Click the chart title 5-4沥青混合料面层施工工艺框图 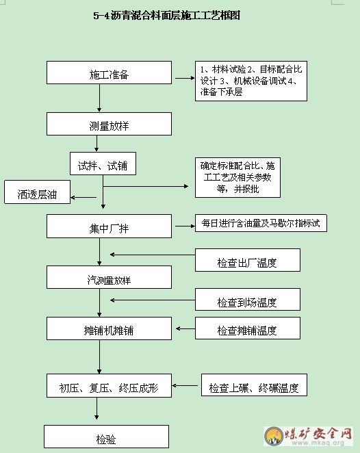tap(167, 15)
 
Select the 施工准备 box tap(109, 73)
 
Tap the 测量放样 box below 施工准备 tap(109, 124)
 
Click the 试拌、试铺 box tap(103, 164)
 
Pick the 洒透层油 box tap(37, 192)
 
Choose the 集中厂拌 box tap(109, 226)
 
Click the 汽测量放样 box tap(109, 277)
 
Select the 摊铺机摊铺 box tap(109, 328)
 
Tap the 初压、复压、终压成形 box tap(109, 386)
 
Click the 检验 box tap(106, 437)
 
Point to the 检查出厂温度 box tap(248, 260)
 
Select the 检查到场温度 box tap(248, 299)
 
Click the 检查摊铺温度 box tap(248, 328)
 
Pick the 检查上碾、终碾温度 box tap(254, 385)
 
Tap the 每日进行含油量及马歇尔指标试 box tap(261, 223)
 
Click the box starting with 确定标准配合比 tap(237, 178)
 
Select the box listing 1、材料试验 tap(250, 81)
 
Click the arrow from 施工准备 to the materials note tap(185, 78)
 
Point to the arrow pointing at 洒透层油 tap(83, 198)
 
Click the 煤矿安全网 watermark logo tap(308, 437)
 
